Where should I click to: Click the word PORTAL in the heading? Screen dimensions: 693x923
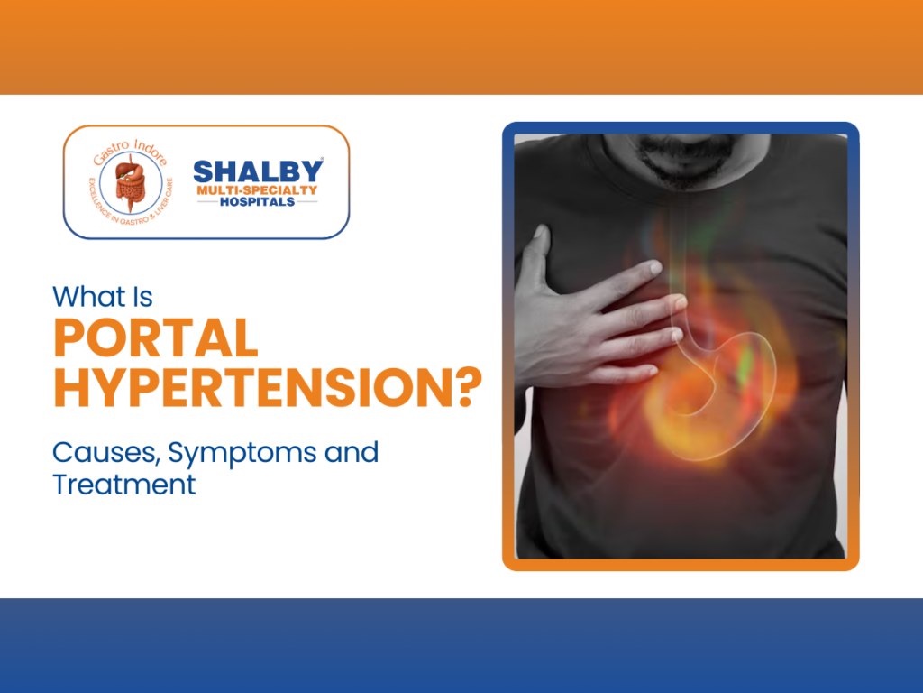(155, 339)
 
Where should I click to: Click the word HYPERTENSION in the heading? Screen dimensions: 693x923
(248, 388)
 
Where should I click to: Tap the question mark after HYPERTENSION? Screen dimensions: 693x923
(461, 388)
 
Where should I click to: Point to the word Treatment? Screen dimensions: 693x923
(123, 485)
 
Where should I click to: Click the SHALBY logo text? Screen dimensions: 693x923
(258, 171)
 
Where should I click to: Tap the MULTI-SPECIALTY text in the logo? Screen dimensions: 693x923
(257, 189)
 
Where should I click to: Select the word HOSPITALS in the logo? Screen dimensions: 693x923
(258, 201)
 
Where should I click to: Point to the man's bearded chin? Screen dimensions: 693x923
(694, 167)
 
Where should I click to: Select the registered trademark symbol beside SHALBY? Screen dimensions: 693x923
(324, 162)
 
